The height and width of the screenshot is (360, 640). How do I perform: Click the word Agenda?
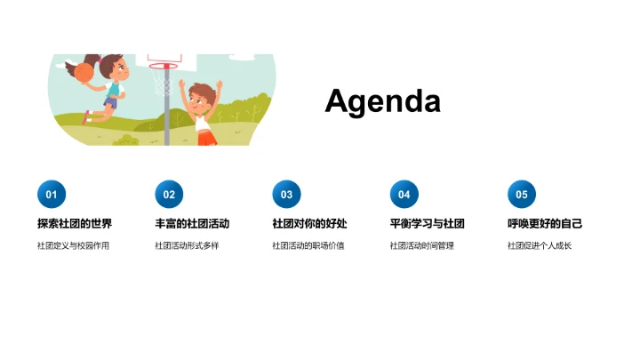coord(382,101)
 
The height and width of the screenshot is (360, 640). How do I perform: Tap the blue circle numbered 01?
coord(51,195)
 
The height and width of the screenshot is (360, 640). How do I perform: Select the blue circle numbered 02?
coord(169,195)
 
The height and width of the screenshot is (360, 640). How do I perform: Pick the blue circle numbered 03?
coord(286,195)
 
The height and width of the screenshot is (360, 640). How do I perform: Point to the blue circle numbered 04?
coord(404,195)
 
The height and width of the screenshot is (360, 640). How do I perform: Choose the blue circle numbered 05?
coord(522,195)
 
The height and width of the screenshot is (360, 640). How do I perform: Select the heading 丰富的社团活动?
coord(192,224)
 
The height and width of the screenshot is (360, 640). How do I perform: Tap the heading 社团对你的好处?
coord(309,224)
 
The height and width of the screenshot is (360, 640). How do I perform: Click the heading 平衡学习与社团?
coord(427,224)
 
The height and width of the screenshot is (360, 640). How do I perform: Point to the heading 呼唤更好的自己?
coord(545,224)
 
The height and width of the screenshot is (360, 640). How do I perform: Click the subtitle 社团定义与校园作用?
coord(73,245)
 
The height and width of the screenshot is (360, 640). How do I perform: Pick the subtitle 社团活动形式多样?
coord(187,245)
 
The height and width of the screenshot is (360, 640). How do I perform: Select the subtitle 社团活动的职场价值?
coord(308,245)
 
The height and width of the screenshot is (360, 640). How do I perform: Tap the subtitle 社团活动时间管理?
coord(421,245)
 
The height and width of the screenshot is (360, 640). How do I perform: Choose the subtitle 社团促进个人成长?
coord(540,245)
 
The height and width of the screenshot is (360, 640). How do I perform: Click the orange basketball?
coord(84,71)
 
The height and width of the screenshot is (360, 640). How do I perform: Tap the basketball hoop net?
coord(163,83)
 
